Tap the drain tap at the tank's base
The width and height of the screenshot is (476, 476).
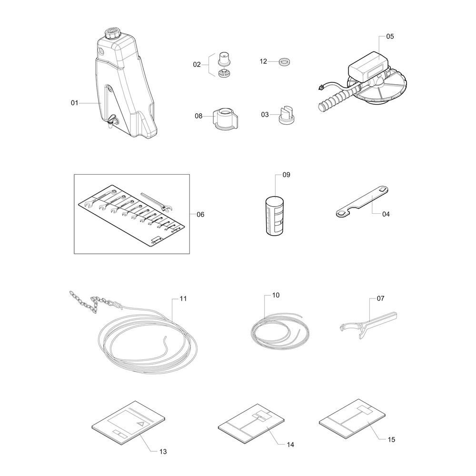pos(113,120)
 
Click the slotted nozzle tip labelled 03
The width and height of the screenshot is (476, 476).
pos(286,115)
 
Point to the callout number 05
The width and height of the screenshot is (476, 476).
pos(390,37)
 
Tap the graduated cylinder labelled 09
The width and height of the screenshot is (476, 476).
pos(275,216)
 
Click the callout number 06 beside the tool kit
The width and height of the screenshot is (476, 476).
pos(200,215)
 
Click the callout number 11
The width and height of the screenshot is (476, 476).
pos(183,299)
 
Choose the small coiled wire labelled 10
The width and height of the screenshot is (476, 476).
pos(280,331)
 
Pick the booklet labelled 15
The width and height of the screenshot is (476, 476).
pos(352,419)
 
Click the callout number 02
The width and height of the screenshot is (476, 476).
pos(197,65)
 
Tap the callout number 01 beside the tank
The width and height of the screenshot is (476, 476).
pos(75,103)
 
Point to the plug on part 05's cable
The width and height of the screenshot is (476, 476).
pos(320,87)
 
